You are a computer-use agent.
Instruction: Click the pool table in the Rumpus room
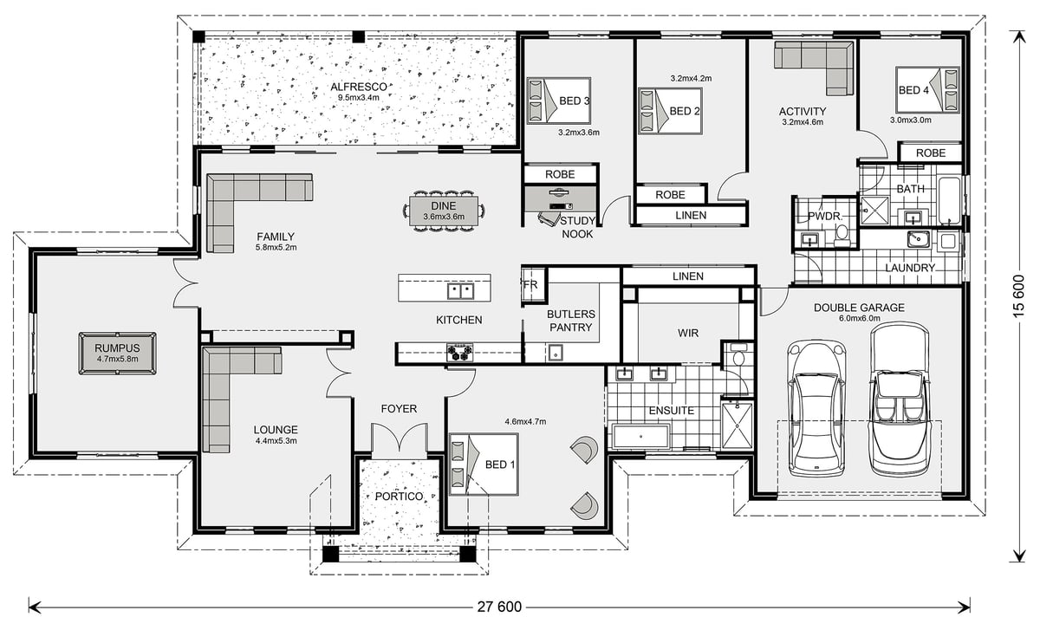[x=118, y=353]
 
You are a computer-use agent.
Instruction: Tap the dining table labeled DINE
[x=444, y=211]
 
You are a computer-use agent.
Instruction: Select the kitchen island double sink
[x=460, y=291]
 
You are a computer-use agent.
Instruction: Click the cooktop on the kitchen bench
[x=459, y=353]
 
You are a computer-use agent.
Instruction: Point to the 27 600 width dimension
[x=499, y=607]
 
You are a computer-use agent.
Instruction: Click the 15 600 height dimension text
[x=1019, y=296]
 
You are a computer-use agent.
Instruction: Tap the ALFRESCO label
[x=359, y=87]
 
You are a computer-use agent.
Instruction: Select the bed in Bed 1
[x=484, y=464]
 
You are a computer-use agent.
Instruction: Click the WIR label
[x=687, y=333]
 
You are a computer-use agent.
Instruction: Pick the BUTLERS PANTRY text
[x=570, y=321]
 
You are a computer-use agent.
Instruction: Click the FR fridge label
[x=530, y=284]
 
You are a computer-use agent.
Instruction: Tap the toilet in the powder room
[x=842, y=235]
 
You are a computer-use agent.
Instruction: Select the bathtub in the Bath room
[x=949, y=200]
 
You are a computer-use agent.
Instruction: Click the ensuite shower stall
[x=737, y=425]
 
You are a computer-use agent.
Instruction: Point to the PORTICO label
[x=399, y=497]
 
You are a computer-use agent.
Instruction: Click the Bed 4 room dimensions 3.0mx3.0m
[x=911, y=120]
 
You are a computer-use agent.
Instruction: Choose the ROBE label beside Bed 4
[x=931, y=153]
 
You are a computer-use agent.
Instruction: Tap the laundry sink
[x=919, y=238]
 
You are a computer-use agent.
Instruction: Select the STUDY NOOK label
[x=577, y=227]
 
